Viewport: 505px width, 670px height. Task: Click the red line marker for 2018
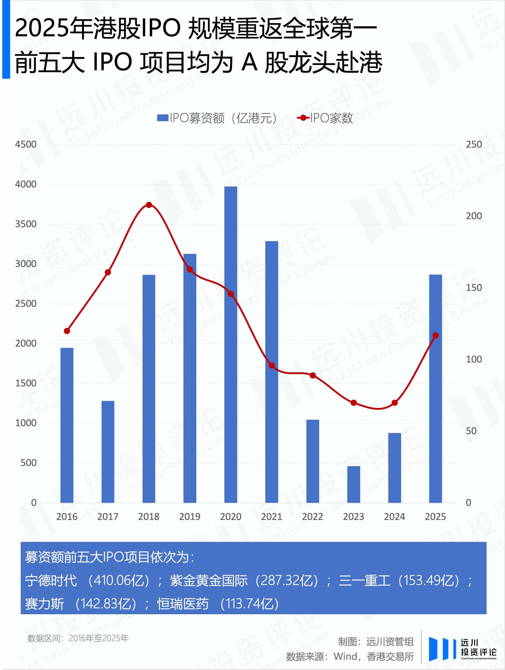point(149,205)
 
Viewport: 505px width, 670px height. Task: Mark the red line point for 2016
point(67,331)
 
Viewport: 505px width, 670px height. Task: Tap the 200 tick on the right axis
point(474,216)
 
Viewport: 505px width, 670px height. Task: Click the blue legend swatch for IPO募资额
point(163,118)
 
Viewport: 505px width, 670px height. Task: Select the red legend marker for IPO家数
point(303,118)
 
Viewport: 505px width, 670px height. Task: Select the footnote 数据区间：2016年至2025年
point(78,638)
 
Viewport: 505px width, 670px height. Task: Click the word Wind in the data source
point(345,656)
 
